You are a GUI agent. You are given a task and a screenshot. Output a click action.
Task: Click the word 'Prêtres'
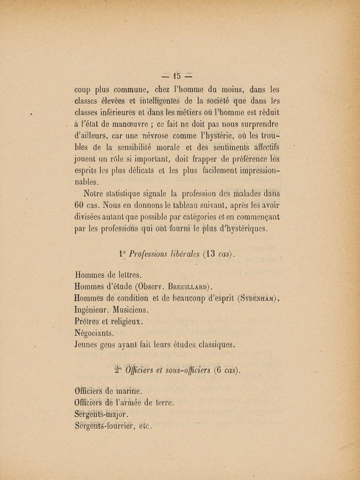coord(88,322)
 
